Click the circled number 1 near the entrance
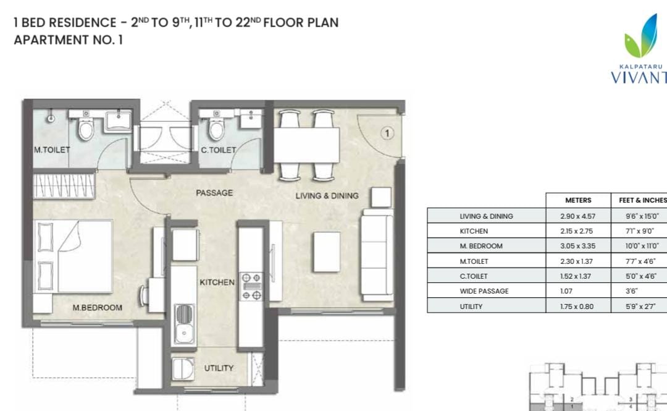(387, 133)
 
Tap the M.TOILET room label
(52, 150)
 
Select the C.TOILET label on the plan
(218, 150)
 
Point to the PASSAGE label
(214, 193)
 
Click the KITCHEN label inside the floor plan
(217, 282)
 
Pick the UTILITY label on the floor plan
(219, 368)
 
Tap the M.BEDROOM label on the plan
(97, 308)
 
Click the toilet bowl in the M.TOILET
(86, 129)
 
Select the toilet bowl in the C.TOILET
(217, 129)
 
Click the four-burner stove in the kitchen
(251, 287)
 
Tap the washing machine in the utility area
(183, 368)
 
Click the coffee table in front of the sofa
(327, 252)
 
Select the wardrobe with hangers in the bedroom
(64, 185)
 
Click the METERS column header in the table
(578, 200)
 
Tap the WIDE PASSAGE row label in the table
(484, 291)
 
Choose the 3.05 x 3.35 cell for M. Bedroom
(577, 246)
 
